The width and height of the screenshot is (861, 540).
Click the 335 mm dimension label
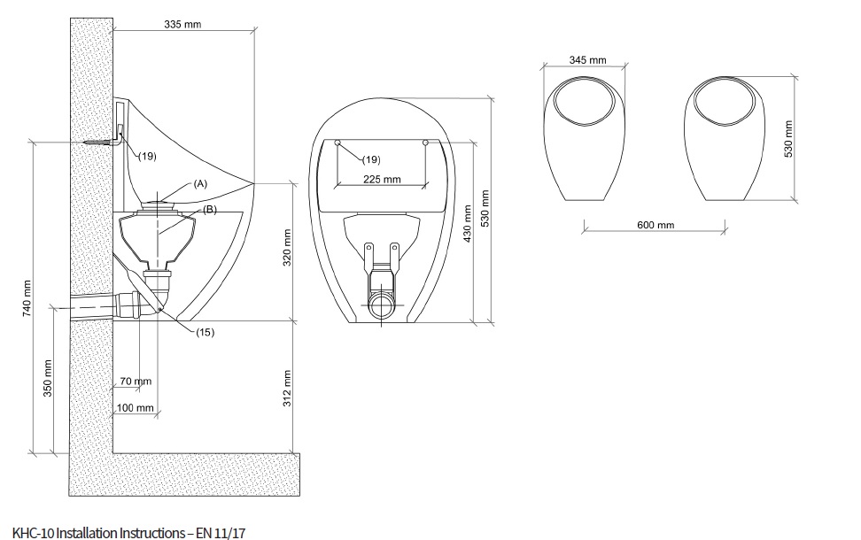pos(182,24)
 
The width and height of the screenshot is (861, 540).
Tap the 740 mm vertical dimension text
pos(27,297)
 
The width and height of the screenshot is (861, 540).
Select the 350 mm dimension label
pos(49,378)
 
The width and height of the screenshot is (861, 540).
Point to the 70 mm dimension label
pos(136,381)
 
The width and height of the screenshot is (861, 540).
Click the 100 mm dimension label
pos(135,408)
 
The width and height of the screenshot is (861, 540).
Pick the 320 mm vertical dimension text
pos(286,250)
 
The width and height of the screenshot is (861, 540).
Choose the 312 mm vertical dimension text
pos(286,386)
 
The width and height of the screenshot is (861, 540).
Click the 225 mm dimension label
pos(382,179)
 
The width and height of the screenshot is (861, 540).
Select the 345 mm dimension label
pos(587,60)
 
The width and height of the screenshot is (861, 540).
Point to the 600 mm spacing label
pos(655,225)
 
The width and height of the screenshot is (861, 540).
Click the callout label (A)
pos(200,183)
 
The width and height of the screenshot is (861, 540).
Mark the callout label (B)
pos(210,209)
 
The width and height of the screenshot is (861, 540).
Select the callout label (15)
pos(206,332)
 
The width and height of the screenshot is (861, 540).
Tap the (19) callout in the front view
pos(371,159)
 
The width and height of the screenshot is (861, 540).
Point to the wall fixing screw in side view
pos(98,142)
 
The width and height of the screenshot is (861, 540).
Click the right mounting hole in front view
pos(426,142)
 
